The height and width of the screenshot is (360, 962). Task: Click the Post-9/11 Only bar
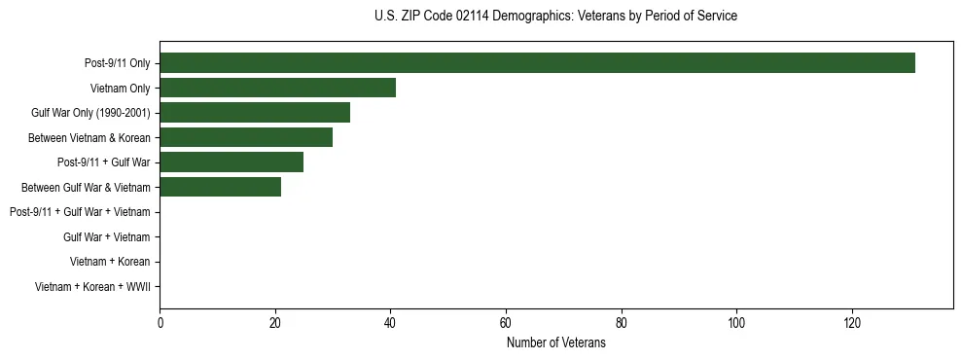pyautogui.click(x=537, y=63)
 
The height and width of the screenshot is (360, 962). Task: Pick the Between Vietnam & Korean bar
pyautogui.click(x=246, y=137)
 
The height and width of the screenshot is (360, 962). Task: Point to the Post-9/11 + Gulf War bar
pyautogui.click(x=232, y=162)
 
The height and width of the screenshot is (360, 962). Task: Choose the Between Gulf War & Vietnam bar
pyautogui.click(x=220, y=187)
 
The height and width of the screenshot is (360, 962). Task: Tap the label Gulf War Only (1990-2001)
pyautogui.click(x=90, y=113)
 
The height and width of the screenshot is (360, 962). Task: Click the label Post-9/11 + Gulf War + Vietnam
pyautogui.click(x=80, y=212)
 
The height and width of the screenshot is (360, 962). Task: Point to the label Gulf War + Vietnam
pyautogui.click(x=107, y=236)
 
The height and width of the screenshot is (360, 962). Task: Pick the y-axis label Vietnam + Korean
pyautogui.click(x=110, y=262)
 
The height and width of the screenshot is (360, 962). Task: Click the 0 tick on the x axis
pyautogui.click(x=160, y=324)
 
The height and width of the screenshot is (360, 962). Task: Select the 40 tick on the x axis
pyautogui.click(x=390, y=324)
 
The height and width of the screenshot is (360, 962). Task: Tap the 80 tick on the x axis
pyautogui.click(x=621, y=324)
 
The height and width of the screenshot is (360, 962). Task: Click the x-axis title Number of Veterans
pyautogui.click(x=555, y=343)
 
